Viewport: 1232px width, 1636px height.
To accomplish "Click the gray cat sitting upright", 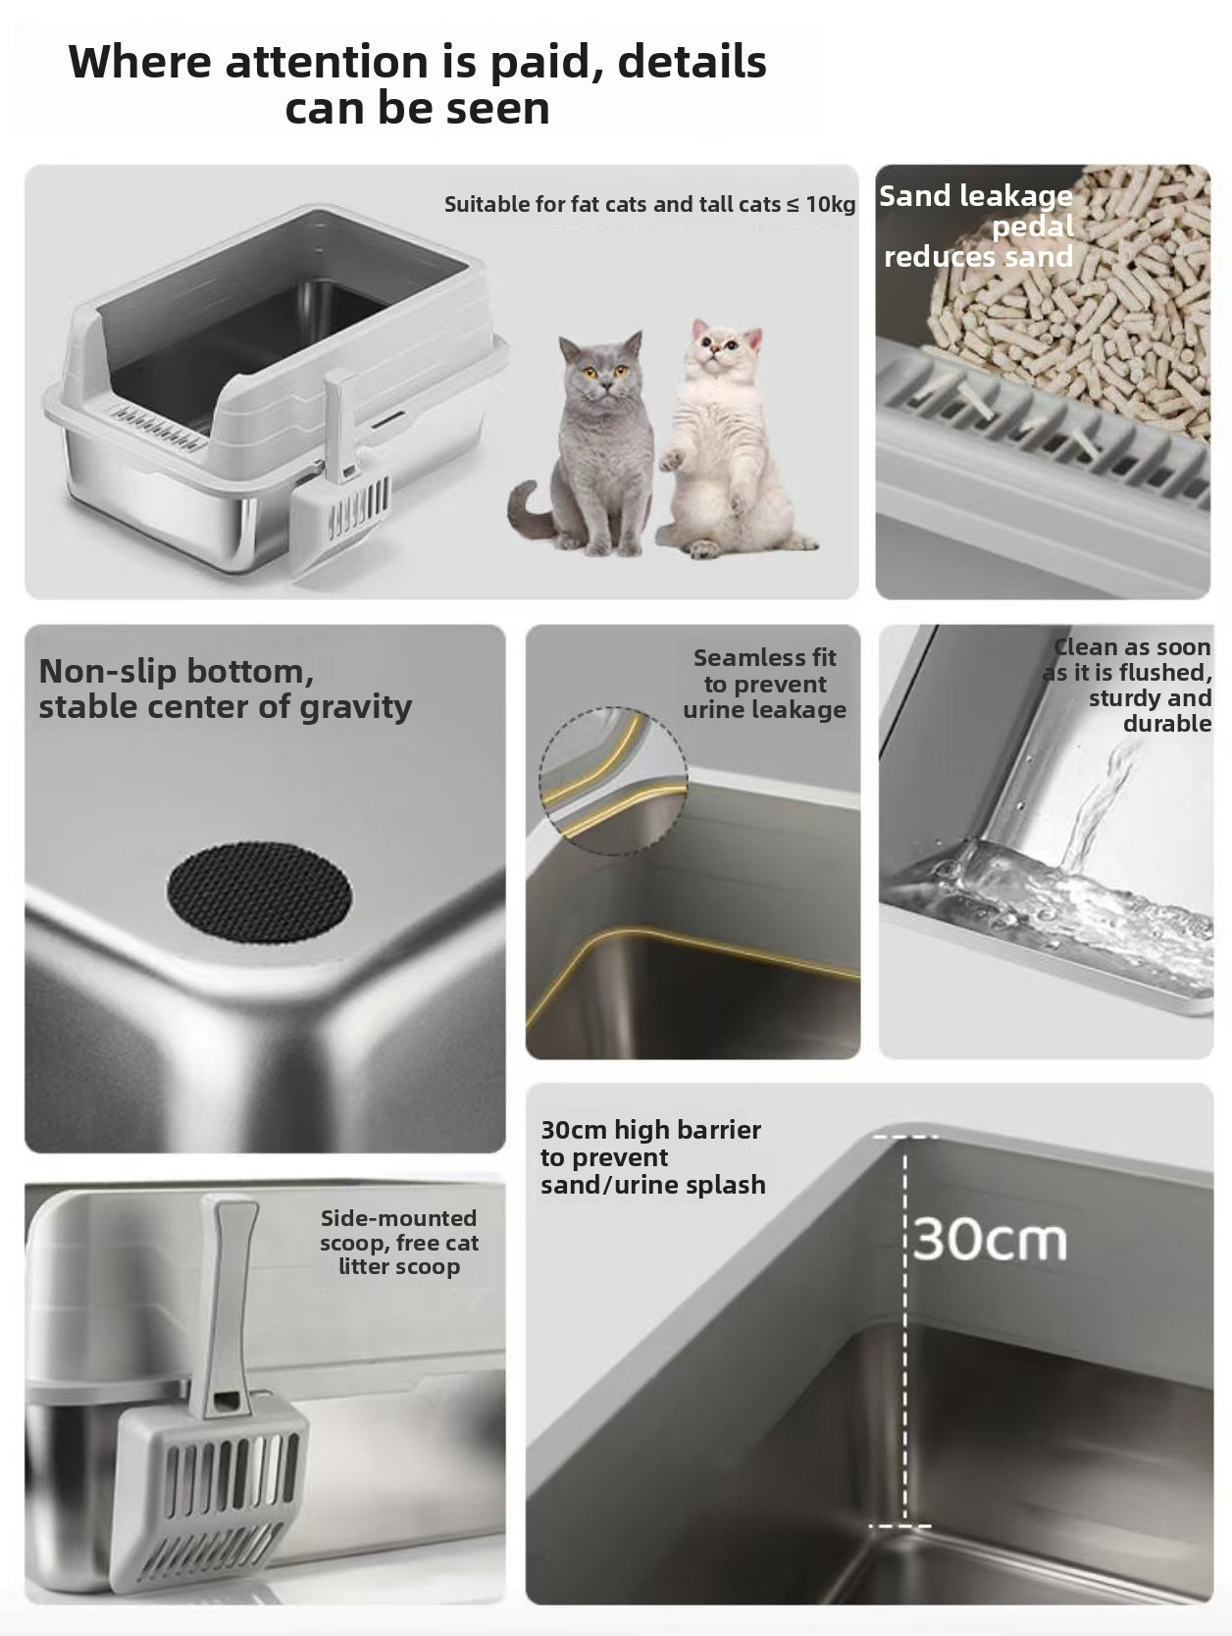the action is (x=589, y=447).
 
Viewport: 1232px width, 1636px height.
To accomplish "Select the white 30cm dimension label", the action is (x=990, y=1240).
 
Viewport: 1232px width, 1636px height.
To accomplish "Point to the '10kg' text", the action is (x=831, y=204).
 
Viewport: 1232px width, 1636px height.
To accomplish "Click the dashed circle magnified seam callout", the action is (x=613, y=781).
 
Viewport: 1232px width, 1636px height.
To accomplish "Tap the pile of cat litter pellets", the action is (x=1073, y=306).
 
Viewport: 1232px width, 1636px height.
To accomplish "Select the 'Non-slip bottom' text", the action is (x=176, y=672).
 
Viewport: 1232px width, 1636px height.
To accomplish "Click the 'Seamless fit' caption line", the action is (x=765, y=657).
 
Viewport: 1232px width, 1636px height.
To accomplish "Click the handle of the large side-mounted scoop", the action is (x=225, y=1297).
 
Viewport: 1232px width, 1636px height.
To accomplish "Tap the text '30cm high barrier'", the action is (x=650, y=1130).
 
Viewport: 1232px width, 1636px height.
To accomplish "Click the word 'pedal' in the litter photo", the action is (x=1033, y=228).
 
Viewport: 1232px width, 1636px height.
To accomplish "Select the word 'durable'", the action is (x=1167, y=724).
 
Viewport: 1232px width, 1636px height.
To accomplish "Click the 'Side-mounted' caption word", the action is (x=399, y=1218).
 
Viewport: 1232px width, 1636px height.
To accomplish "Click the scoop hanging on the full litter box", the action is (x=343, y=477).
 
